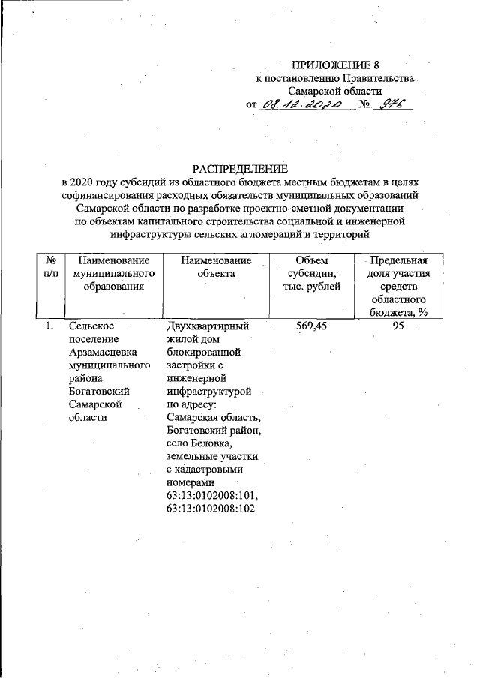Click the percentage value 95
(x=398, y=326)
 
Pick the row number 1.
(x=49, y=326)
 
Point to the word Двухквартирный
(x=208, y=326)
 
